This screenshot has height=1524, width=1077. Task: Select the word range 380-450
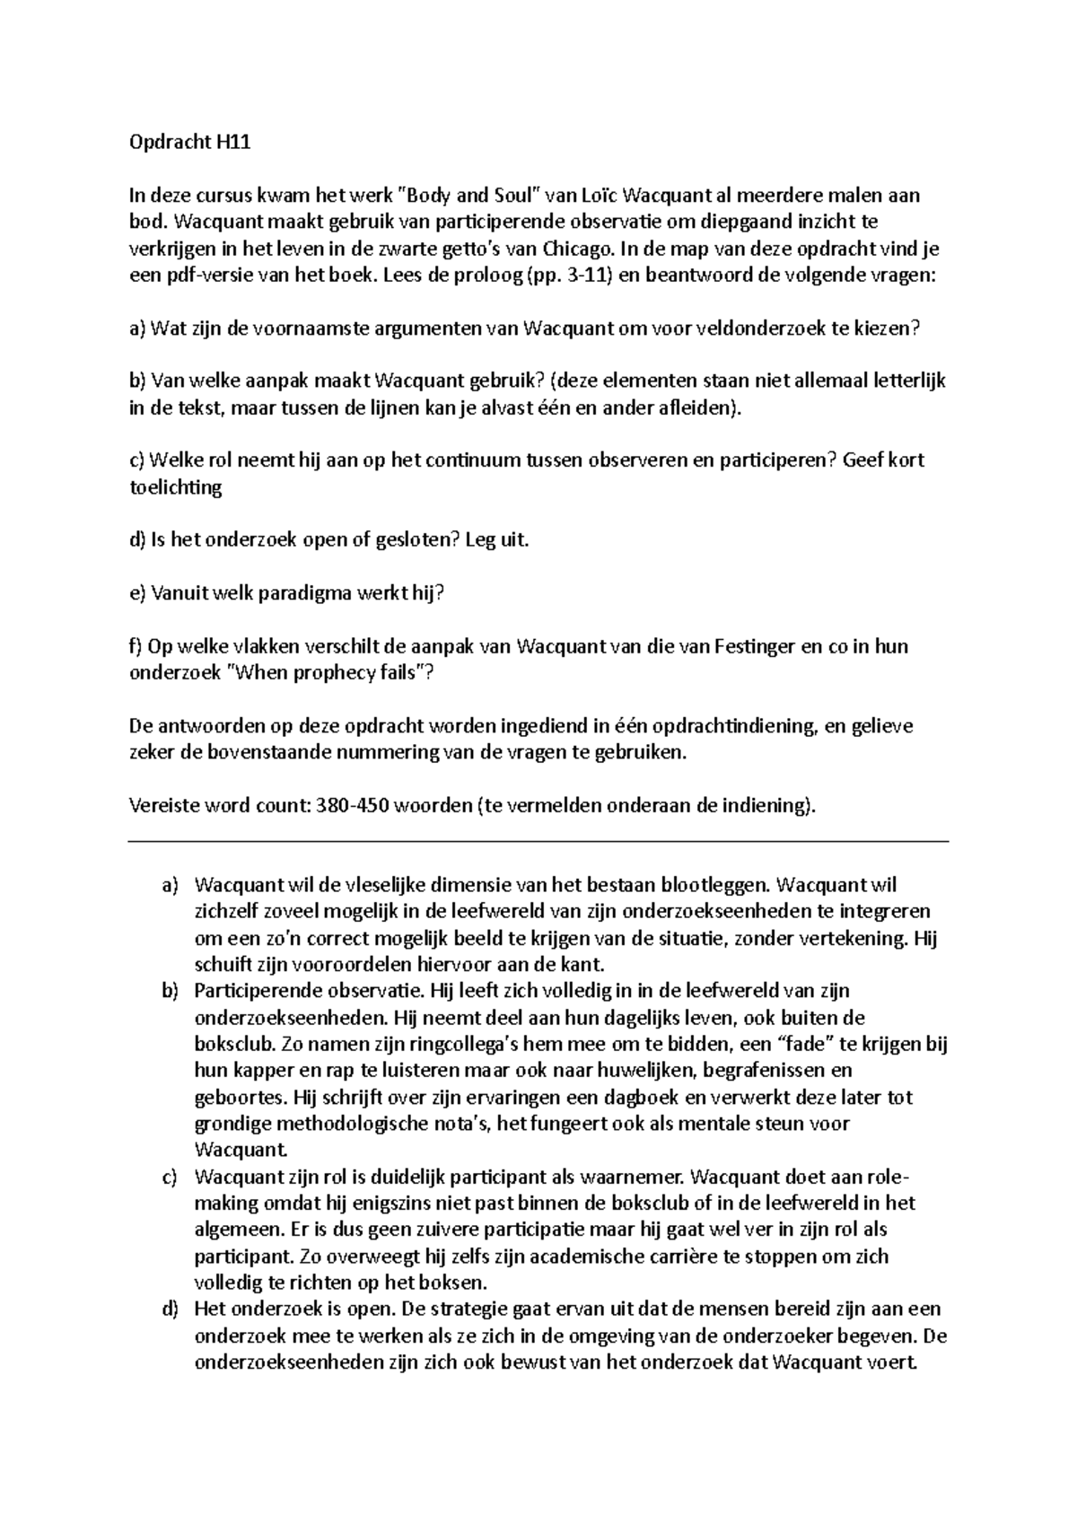(x=351, y=805)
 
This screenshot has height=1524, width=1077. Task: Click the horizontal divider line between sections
(x=538, y=842)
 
